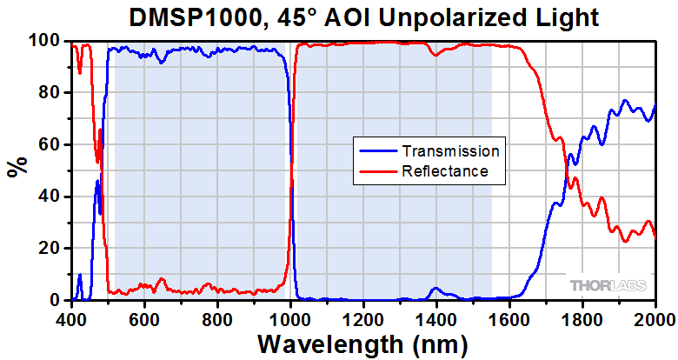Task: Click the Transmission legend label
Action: [x=450, y=150]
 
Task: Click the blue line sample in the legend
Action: [x=377, y=150]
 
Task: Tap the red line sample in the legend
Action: [x=377, y=171]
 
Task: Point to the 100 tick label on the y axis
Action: [x=46, y=41]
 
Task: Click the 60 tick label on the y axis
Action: [x=50, y=144]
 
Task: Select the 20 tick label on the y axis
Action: [x=50, y=249]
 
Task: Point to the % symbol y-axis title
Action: [x=16, y=166]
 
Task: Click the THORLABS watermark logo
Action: [x=608, y=285]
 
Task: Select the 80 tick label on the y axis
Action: [x=50, y=92]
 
